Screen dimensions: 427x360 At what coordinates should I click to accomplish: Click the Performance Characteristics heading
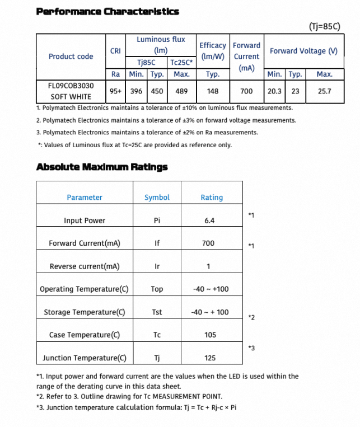click(107, 11)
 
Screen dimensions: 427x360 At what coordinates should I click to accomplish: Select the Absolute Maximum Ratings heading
click(101, 167)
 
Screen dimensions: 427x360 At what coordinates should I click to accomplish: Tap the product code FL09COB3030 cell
click(71, 86)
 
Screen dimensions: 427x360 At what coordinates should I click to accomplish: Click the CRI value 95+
click(116, 91)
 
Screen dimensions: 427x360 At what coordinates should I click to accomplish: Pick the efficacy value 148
click(213, 91)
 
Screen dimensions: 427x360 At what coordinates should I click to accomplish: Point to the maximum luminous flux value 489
click(181, 91)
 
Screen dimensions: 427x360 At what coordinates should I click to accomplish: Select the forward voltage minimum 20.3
click(274, 91)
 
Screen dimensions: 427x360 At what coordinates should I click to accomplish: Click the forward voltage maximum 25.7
click(325, 91)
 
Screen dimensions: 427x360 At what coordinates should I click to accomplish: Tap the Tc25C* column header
click(181, 63)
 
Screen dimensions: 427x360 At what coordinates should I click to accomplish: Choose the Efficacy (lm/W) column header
click(213, 50)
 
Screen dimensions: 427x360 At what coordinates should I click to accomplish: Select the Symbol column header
click(157, 198)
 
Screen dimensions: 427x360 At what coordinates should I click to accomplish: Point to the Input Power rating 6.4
click(209, 220)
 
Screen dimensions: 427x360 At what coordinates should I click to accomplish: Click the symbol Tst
click(157, 312)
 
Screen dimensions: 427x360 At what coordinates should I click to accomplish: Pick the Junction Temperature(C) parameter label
click(85, 358)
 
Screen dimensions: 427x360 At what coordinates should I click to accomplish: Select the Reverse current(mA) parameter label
click(85, 266)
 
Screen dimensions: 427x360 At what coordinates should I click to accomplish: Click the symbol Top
click(157, 289)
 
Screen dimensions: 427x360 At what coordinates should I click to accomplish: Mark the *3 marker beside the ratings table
click(251, 348)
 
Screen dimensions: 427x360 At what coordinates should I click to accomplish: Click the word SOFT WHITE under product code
click(71, 97)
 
